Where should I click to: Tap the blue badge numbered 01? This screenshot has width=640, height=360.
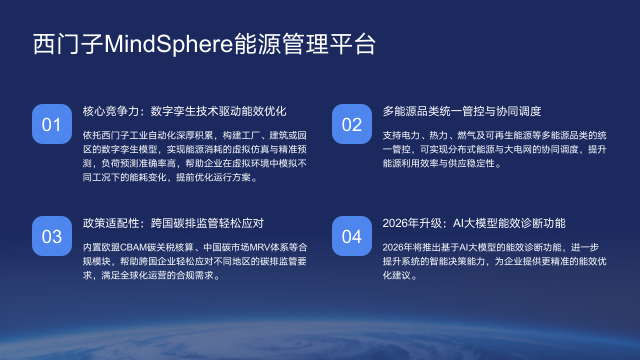point(51,125)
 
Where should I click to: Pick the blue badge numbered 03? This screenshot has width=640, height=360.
point(51,237)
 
